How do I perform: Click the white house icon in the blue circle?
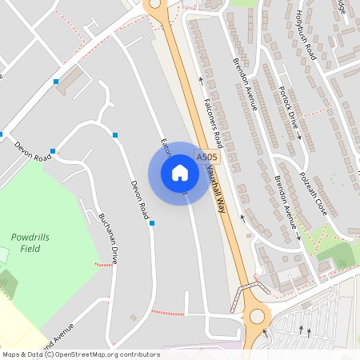pyautogui.click(x=180, y=173)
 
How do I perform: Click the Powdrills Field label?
pyautogui.click(x=26, y=242)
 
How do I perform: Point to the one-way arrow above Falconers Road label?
pyautogui.click(x=200, y=80)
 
